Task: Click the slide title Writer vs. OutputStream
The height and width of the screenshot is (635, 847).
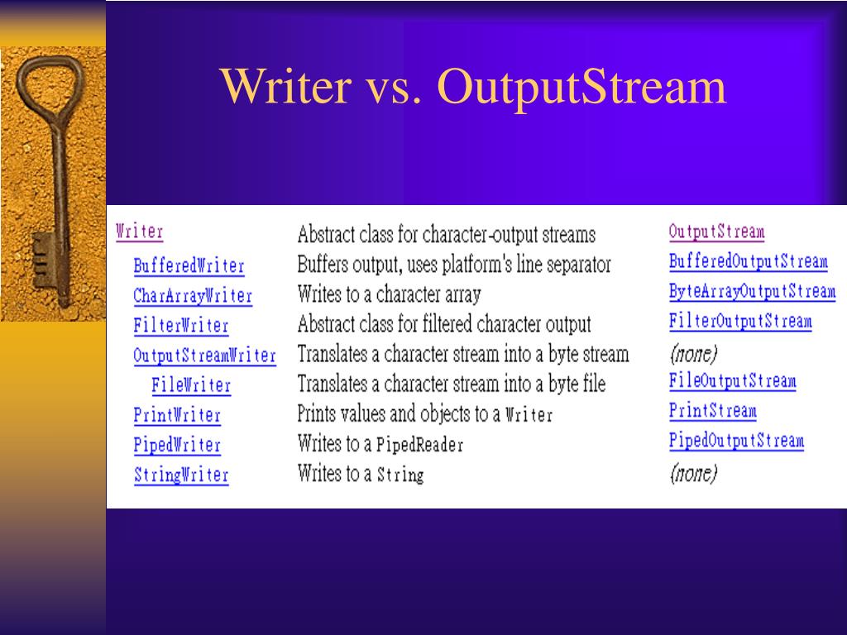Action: [473, 87]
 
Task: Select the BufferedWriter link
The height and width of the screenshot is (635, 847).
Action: [189, 266]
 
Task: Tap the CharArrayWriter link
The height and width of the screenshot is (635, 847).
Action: [193, 296]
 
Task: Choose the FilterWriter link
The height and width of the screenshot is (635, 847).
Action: [180, 326]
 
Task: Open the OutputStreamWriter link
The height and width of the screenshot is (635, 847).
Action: [204, 356]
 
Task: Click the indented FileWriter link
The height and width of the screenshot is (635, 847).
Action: [191, 385]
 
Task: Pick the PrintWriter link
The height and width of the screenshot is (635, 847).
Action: [177, 415]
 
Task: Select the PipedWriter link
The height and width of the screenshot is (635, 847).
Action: [177, 445]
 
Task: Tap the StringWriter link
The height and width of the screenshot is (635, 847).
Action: [180, 475]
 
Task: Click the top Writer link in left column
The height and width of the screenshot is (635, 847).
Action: [140, 232]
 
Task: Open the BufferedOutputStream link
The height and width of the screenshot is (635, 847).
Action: [748, 262]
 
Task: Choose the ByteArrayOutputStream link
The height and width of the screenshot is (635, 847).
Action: [752, 292]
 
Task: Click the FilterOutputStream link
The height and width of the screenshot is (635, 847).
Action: [740, 322]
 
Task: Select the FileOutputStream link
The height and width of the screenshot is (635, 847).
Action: [732, 381]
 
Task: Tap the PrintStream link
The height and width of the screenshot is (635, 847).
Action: [712, 411]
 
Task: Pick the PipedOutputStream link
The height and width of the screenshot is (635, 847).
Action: [736, 441]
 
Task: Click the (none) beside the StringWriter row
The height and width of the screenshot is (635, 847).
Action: [693, 473]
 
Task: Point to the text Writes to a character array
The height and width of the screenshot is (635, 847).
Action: [389, 294]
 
